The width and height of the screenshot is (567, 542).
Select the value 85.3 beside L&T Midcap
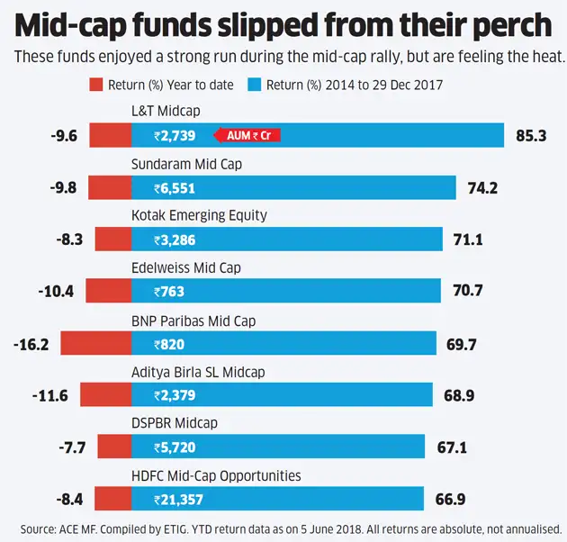pyautogui.click(x=532, y=136)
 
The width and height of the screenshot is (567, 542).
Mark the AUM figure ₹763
pyautogui.click(x=169, y=292)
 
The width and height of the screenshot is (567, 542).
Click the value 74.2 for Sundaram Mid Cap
pyautogui.click(x=482, y=188)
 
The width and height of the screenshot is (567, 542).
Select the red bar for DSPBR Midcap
pyautogui.click(x=114, y=447)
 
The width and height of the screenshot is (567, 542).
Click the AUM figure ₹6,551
pyautogui.click(x=174, y=188)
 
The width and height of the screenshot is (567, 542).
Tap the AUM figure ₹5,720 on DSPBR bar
pyautogui.click(x=174, y=447)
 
